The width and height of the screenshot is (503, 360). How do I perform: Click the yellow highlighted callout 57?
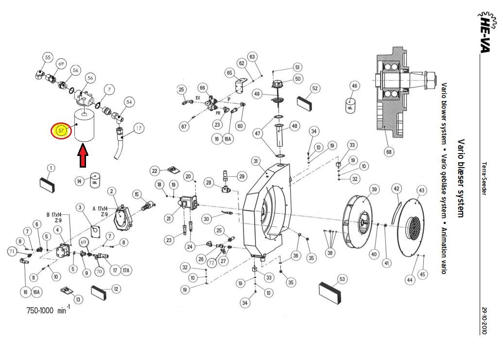tap(61, 131)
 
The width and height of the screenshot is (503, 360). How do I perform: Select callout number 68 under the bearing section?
tap(389, 152)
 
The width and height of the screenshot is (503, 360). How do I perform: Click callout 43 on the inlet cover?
tap(421, 190)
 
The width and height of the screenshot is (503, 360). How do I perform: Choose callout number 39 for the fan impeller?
tap(374, 189)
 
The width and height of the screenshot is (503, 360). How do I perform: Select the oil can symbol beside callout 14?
tap(95, 180)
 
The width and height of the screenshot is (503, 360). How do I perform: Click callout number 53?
tap(342, 279)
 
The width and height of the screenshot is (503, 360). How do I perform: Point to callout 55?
tap(47, 57)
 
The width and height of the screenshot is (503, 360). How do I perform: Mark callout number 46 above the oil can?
tap(354, 86)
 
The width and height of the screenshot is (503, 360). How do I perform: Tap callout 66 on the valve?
tap(203, 87)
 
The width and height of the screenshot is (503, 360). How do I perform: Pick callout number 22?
tap(155, 171)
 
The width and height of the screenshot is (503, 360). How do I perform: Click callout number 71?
tap(12, 251)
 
